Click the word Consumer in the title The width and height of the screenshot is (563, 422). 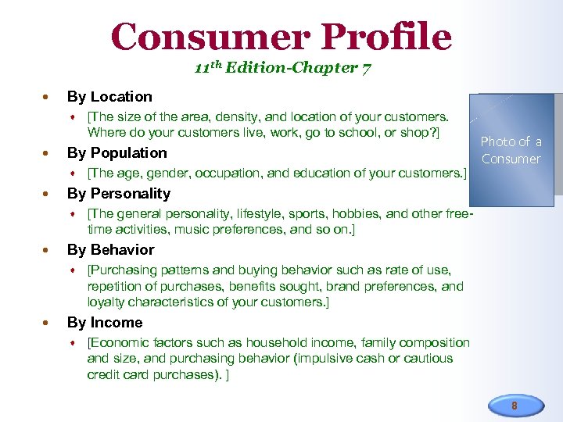click(x=210, y=36)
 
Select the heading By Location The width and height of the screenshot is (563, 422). click(x=109, y=97)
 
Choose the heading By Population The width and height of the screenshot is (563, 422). click(x=117, y=153)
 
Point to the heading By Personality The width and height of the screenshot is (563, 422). click(x=118, y=194)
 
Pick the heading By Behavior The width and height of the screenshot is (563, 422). click(x=110, y=250)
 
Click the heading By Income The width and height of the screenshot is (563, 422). click(x=105, y=323)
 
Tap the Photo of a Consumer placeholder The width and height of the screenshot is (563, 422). click(x=511, y=150)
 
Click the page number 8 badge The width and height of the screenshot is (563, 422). click(x=514, y=406)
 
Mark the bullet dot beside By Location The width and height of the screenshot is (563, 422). click(x=48, y=98)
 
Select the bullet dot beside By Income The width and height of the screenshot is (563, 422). click(x=48, y=323)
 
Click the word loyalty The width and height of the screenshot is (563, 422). click(x=106, y=302)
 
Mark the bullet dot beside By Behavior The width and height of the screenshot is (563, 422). click(x=48, y=250)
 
